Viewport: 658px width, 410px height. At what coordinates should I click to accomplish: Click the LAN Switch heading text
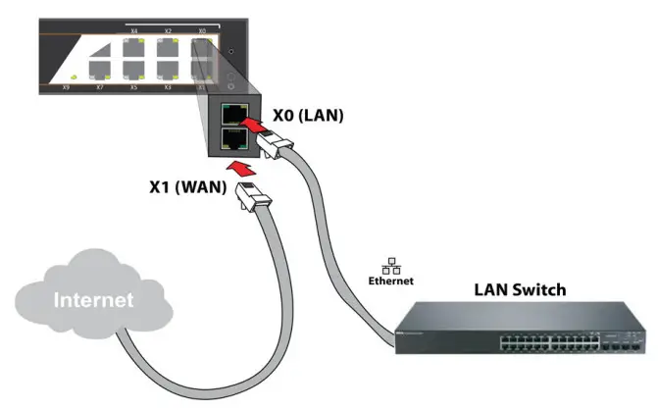pos(520,290)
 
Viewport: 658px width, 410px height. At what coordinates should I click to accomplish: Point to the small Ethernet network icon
pos(390,266)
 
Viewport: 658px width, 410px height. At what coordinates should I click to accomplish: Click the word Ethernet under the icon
pos(390,281)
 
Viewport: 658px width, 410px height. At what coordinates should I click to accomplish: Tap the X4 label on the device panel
pos(134,31)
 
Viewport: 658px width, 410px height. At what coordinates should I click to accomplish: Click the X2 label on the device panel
pos(168,31)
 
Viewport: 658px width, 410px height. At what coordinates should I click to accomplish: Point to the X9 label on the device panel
pos(66,87)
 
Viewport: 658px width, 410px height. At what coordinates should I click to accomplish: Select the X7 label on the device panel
pos(99,87)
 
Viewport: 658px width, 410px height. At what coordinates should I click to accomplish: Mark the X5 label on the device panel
pos(133,87)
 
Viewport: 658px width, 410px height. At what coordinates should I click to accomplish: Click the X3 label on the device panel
pos(168,87)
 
